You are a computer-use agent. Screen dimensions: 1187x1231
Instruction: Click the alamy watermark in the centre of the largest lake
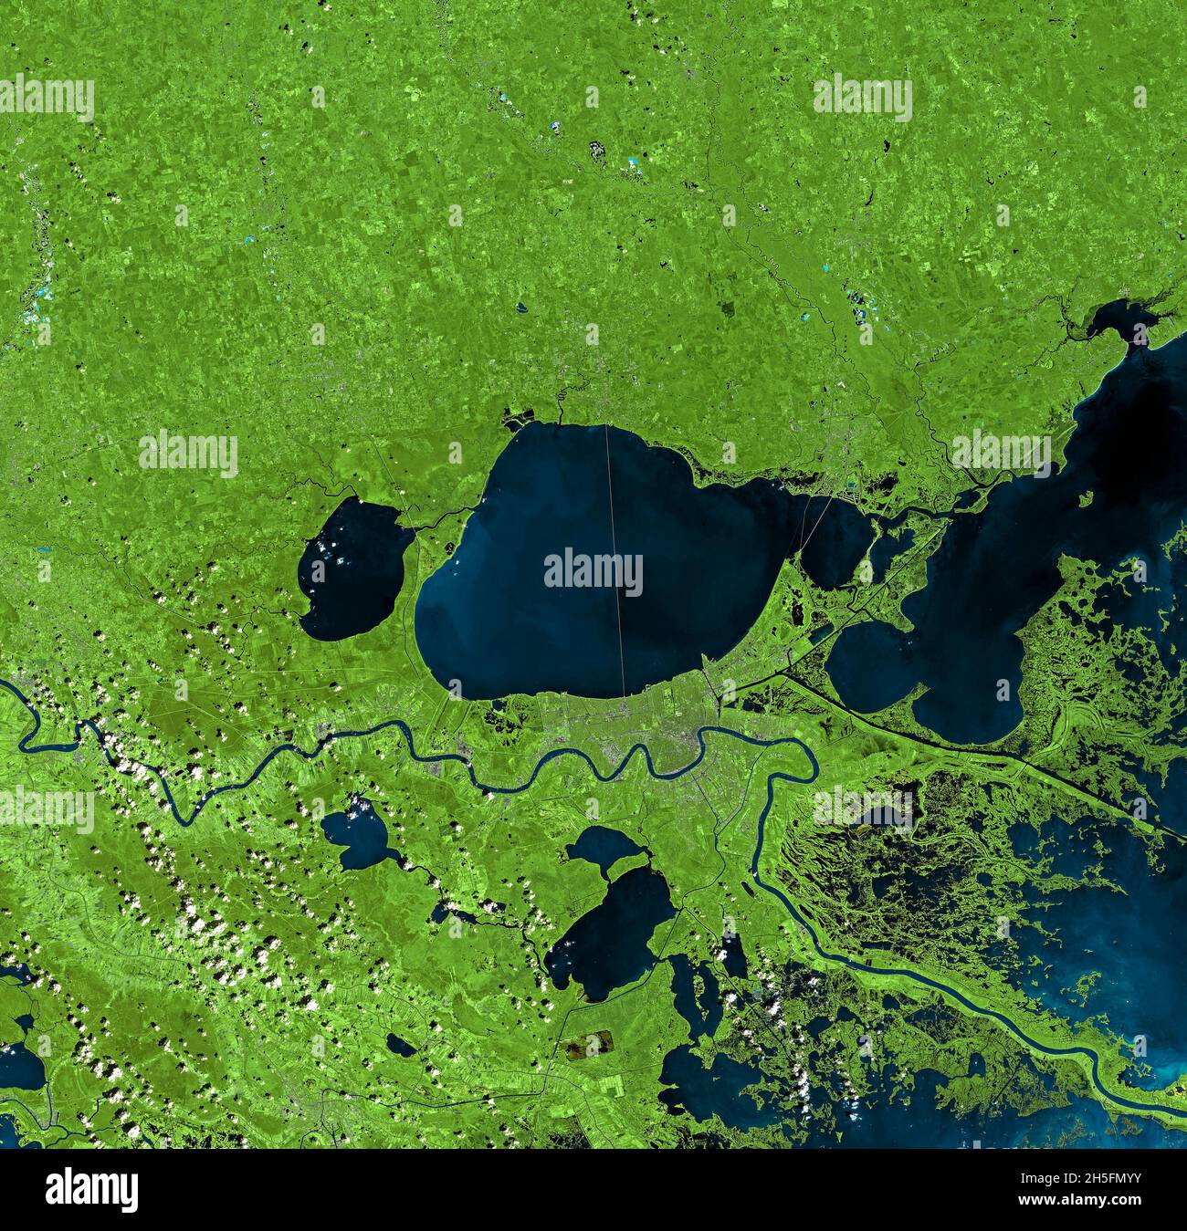[593, 571]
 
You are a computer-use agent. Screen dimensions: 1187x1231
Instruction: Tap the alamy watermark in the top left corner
[47, 98]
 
